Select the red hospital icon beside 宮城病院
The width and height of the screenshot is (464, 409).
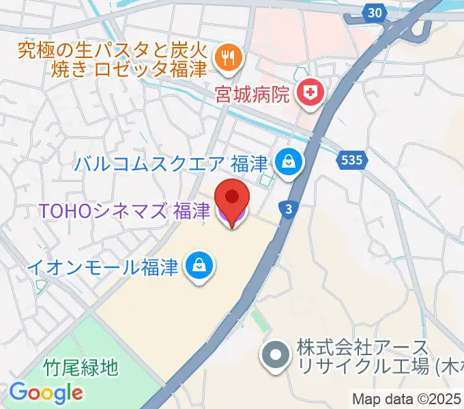pyautogui.click(x=310, y=95)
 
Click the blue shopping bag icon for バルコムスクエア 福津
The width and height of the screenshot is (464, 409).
pyautogui.click(x=289, y=162)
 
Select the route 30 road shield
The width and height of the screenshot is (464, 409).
pyautogui.click(x=373, y=12)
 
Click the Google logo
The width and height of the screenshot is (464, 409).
pyautogui.click(x=46, y=393)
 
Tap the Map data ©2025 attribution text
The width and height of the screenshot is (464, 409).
pyautogui.click(x=407, y=399)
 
